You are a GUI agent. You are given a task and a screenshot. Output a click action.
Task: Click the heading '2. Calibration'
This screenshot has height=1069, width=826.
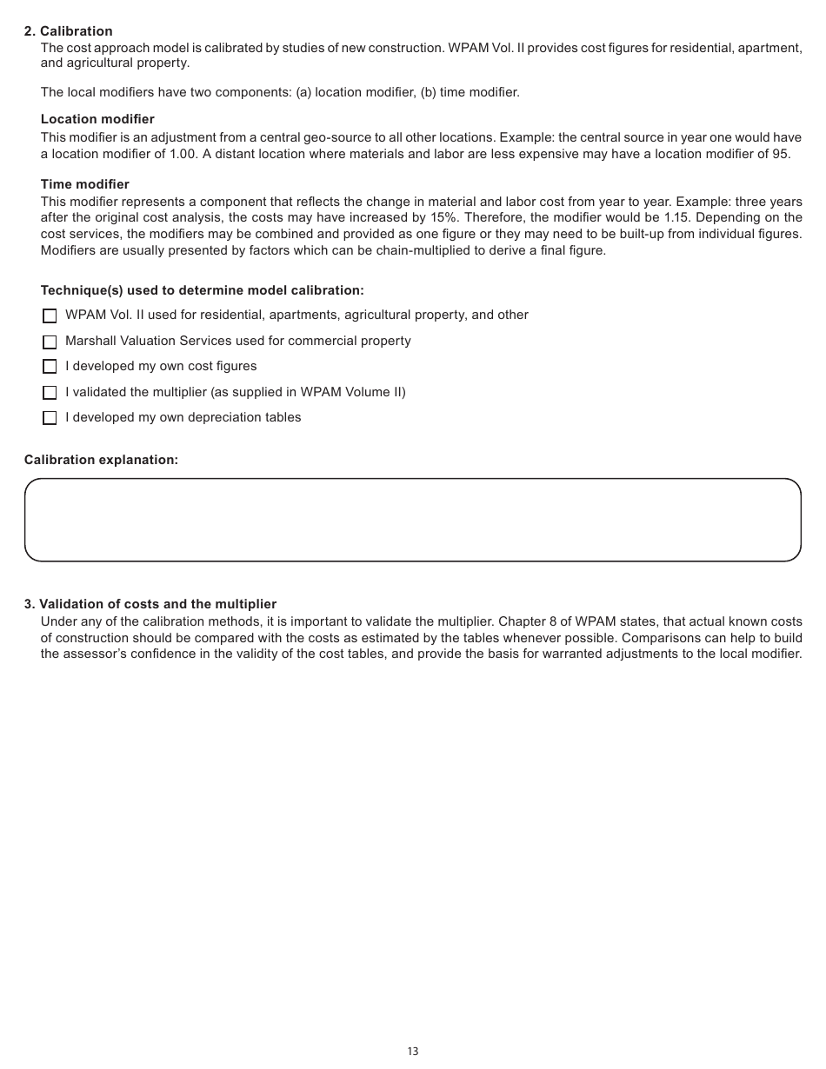point(68,31)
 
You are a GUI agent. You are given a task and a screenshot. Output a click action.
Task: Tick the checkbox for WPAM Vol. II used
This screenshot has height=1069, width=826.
point(50,315)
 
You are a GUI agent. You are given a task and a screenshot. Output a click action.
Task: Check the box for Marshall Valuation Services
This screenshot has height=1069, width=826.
point(50,342)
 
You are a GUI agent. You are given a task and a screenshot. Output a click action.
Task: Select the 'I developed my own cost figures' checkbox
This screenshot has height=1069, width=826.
point(50,367)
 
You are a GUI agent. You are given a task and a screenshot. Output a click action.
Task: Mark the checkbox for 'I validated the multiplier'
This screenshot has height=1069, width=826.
point(50,393)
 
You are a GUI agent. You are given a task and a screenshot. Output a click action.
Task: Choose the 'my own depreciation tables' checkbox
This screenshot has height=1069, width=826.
point(50,418)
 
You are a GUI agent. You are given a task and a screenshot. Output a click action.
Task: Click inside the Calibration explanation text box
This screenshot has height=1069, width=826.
point(412,520)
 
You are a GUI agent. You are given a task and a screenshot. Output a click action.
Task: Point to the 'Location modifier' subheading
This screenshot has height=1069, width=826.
point(97,119)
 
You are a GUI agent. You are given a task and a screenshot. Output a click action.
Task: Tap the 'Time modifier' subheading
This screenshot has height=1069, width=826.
point(85,184)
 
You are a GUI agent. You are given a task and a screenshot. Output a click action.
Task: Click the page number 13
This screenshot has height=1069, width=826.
point(412,1052)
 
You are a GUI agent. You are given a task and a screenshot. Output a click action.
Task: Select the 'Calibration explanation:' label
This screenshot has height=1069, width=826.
point(101,460)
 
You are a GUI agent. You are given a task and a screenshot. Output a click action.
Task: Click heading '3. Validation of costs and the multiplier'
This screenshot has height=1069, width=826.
point(150,604)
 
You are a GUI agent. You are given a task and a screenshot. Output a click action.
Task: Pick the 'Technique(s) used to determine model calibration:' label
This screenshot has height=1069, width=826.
point(202,290)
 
